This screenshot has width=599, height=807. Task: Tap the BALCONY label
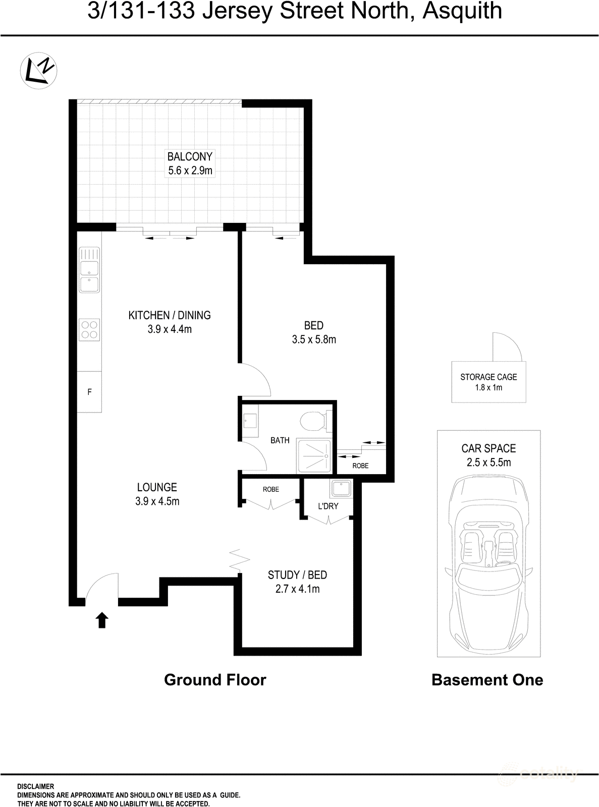point(190,156)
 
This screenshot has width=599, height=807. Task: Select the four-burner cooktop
point(89,329)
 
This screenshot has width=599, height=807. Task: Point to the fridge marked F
point(89,392)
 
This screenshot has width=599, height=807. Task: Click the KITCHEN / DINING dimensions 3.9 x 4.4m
point(169,329)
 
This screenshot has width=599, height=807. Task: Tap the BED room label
point(313,325)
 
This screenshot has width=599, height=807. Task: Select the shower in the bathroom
point(313,456)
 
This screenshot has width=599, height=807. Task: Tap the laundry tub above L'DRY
point(340,489)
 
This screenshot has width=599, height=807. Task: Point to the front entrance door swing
point(102,588)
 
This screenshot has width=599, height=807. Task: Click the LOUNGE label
point(157,487)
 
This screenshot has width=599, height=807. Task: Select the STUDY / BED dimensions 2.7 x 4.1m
point(297,589)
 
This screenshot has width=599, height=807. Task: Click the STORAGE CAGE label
point(488,377)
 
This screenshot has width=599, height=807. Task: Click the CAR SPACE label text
point(488,448)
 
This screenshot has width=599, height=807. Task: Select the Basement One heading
point(487,680)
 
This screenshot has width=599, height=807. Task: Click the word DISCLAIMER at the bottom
point(35,786)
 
